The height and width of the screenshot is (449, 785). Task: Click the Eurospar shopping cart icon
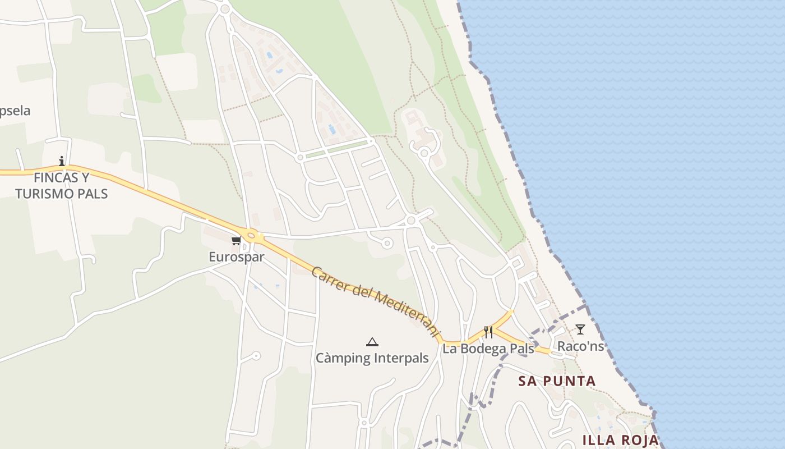click(x=236, y=240)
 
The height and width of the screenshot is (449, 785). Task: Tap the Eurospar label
click(x=236, y=257)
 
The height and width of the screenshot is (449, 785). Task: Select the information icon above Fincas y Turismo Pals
click(x=62, y=161)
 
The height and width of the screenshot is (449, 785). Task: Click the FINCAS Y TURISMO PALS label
click(x=61, y=186)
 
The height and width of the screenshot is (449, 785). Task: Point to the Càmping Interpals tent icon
click(x=372, y=342)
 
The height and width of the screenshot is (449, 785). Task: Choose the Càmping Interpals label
click(x=372, y=358)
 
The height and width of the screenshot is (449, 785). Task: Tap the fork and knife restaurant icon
click(x=488, y=332)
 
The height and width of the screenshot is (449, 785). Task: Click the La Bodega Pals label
click(x=488, y=349)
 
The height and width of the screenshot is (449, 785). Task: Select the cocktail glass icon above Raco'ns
click(x=580, y=329)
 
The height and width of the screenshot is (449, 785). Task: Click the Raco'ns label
click(x=580, y=346)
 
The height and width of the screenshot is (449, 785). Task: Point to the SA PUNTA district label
click(x=557, y=381)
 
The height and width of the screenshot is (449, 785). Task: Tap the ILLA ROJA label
click(x=620, y=439)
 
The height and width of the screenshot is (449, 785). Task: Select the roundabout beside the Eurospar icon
click(x=251, y=236)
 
